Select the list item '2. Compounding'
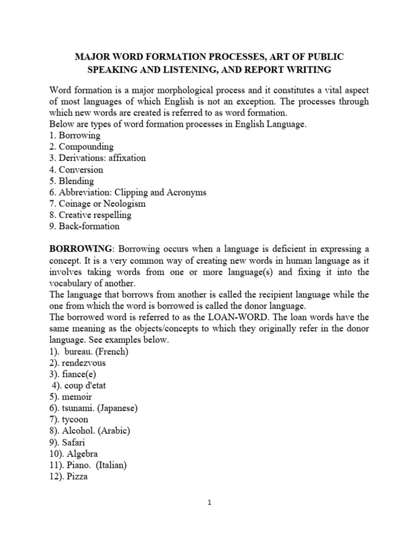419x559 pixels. click(x=81, y=147)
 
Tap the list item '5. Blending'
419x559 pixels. click(x=71, y=181)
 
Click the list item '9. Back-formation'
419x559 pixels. click(x=85, y=226)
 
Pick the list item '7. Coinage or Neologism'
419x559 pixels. click(x=98, y=204)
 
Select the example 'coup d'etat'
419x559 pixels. click(x=85, y=385)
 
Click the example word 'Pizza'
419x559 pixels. click(x=76, y=477)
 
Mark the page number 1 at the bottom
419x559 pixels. click(x=209, y=503)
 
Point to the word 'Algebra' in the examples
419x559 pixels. click(x=81, y=454)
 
